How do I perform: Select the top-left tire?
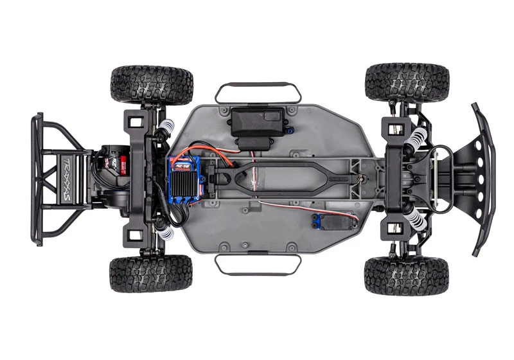click(152, 84)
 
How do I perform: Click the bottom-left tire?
click(151, 273)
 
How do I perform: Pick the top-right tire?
click(407, 82)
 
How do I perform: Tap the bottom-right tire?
click(406, 275)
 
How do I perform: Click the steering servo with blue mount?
click(334, 222)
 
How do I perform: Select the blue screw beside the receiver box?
click(290, 132)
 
